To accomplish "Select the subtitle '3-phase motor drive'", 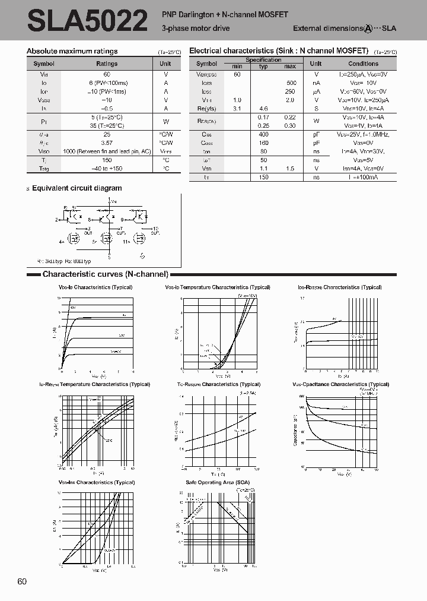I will [195, 28].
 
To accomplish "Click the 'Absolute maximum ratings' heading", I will [72, 51].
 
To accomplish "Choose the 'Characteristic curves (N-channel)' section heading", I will [106, 274].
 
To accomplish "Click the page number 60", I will [23, 581].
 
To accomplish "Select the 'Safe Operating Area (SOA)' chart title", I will [218, 482].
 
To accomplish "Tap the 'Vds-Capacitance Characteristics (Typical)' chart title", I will [340, 384].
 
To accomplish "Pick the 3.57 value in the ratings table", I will [107, 143].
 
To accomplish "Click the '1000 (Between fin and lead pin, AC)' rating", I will [107, 151].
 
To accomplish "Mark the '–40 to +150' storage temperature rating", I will [107, 168].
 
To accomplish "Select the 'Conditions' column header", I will [363, 64].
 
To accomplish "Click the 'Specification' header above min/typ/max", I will [263, 60].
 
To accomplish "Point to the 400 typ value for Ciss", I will [263, 135].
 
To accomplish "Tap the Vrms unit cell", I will [165, 151].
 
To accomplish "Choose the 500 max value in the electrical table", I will [291, 83].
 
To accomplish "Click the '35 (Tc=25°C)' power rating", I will [107, 125].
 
